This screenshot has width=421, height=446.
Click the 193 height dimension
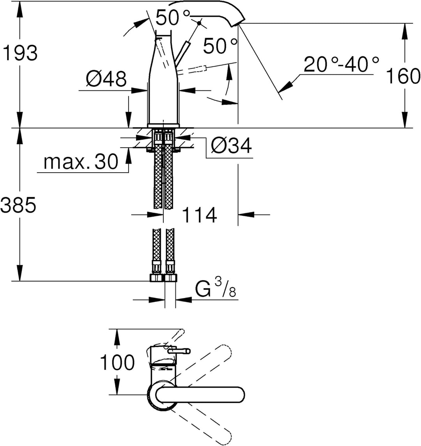[x=20, y=53]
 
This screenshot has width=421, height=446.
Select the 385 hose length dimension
[x=18, y=205]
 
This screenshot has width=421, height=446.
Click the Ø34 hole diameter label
[x=232, y=146]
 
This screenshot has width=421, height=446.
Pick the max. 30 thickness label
[x=81, y=162]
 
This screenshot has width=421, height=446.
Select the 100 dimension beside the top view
[x=117, y=362]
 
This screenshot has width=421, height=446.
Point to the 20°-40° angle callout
[x=341, y=64]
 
